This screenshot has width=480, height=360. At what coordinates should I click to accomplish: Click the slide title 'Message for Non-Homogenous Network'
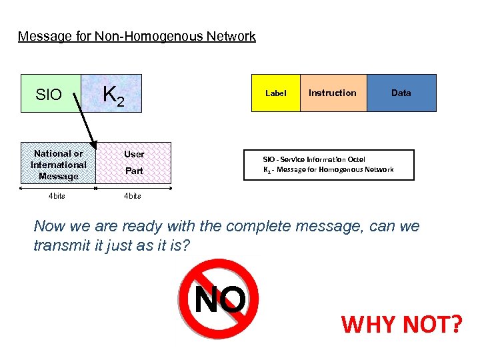(137, 37)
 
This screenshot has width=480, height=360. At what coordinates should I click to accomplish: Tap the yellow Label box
(275, 93)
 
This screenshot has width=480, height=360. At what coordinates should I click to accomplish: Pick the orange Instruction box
(332, 93)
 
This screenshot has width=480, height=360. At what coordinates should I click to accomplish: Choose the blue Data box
(401, 93)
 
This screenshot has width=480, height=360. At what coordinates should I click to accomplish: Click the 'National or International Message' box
(58, 164)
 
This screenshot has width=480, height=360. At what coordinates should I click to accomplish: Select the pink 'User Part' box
(134, 163)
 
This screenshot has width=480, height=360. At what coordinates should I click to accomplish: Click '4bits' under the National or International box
(58, 196)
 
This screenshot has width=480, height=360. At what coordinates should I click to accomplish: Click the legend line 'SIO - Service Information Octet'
(313, 159)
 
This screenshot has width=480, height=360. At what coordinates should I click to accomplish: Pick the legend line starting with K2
(328, 169)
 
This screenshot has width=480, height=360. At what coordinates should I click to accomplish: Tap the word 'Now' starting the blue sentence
(49, 226)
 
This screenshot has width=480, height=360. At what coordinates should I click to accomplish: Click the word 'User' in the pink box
(134, 154)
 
